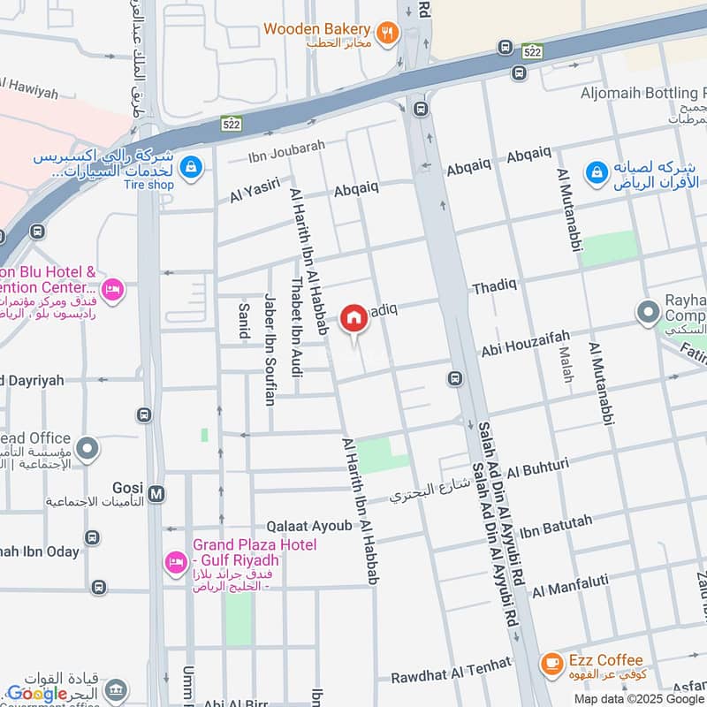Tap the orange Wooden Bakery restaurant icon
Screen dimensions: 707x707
[386, 34]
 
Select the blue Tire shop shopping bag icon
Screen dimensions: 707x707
[190, 165]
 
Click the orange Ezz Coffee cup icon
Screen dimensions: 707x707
[551, 661]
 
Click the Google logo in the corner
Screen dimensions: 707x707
[37, 693]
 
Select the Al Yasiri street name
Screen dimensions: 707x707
[255, 190]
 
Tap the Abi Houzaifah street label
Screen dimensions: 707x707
[525, 344]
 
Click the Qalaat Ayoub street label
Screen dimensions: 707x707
[314, 526]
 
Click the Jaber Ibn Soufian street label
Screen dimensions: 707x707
[270, 349]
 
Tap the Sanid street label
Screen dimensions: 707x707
[243, 320]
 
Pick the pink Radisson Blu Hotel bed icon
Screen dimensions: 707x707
[112, 289]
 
